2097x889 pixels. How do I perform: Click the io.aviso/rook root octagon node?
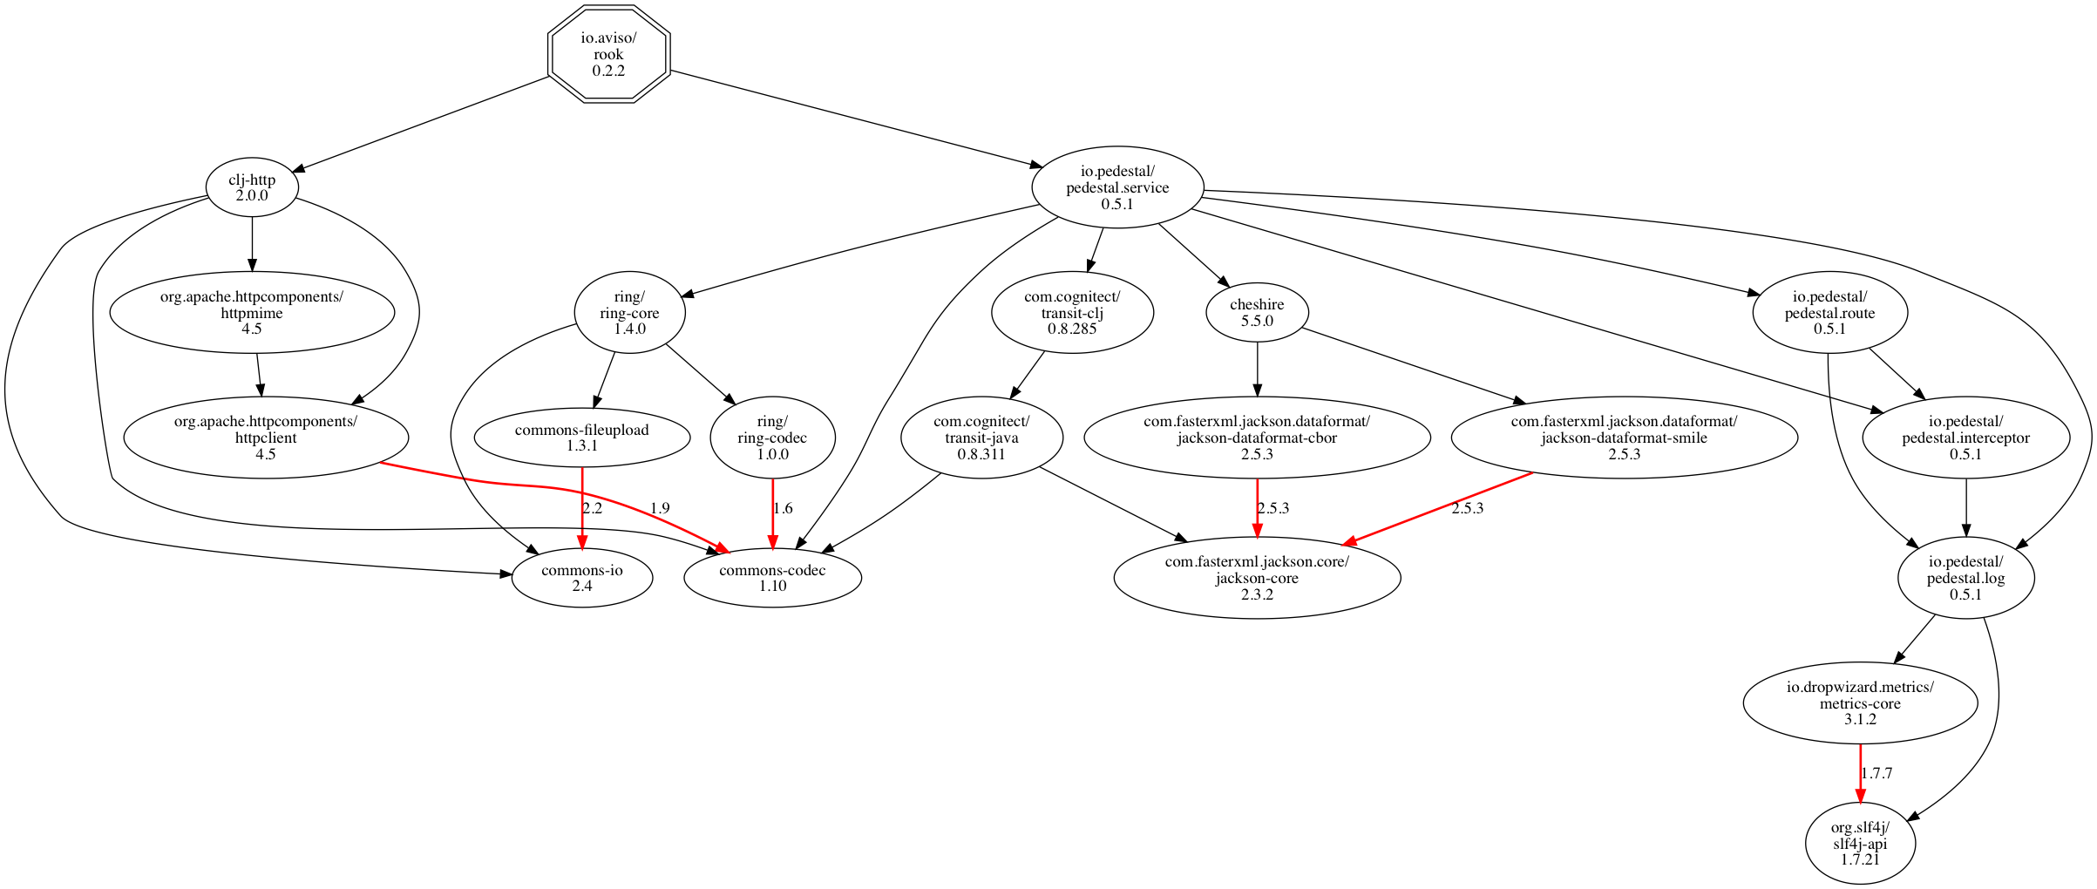[x=608, y=54]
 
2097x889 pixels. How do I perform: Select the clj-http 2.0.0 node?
[x=252, y=187]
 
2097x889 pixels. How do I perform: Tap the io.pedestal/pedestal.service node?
[x=1117, y=187]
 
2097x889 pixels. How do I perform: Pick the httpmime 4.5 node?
[x=252, y=312]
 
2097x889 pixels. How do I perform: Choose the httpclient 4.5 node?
[x=266, y=438]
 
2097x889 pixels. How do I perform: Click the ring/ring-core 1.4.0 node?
[x=629, y=312]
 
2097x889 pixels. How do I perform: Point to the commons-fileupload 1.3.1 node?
[x=582, y=438]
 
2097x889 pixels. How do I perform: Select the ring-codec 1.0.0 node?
[x=772, y=438]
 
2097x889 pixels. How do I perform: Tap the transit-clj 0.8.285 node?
[x=1072, y=312]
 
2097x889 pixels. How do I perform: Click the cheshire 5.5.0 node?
[x=1257, y=312]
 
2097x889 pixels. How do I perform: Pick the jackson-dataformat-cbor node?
[x=1257, y=438]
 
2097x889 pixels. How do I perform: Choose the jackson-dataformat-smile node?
[x=1624, y=438]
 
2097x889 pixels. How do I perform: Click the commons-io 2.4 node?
[x=582, y=578]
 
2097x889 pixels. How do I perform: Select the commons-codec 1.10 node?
[x=772, y=578]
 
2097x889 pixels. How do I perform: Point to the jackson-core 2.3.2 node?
[x=1257, y=578]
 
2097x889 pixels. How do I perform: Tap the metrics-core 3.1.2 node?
[x=1860, y=702]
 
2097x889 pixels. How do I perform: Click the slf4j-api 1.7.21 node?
[x=1860, y=844]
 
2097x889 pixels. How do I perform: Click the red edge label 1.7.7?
[x=1876, y=773]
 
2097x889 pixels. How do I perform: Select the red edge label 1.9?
[x=660, y=508]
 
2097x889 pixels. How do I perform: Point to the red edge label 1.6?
[x=783, y=508]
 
